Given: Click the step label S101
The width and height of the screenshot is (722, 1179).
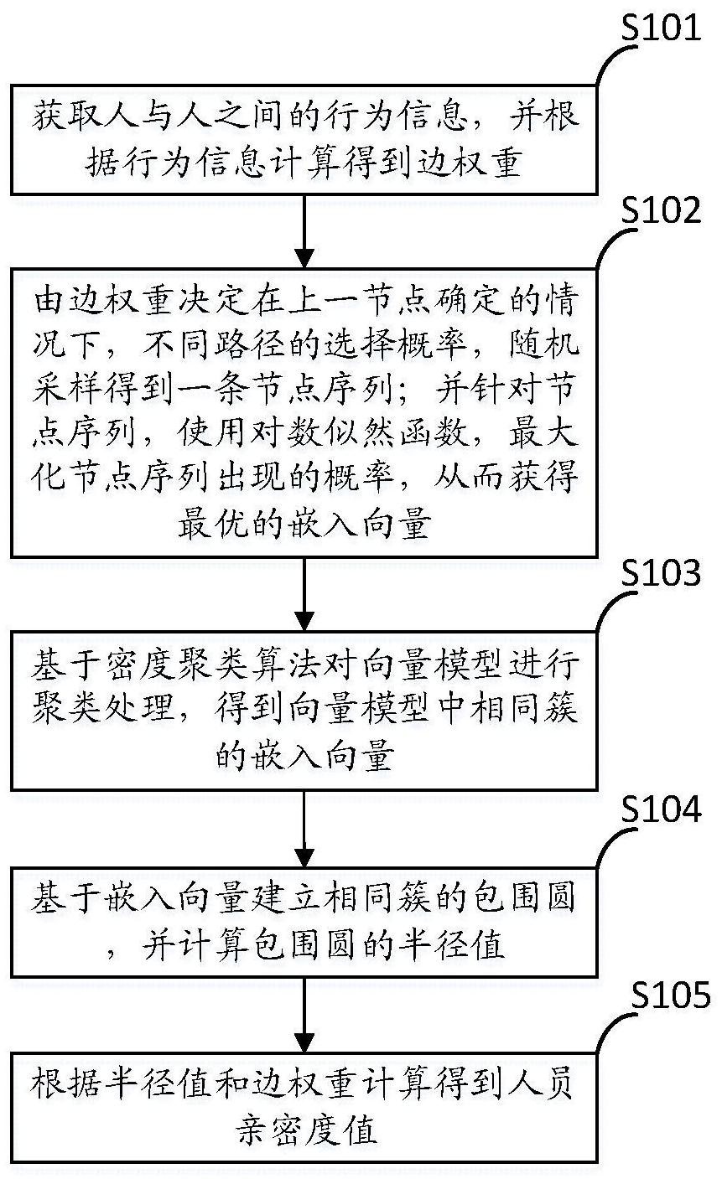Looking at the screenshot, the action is point(661,28).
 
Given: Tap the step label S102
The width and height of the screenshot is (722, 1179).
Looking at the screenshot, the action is point(661,210).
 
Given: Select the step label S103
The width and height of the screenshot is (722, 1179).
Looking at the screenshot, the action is point(661,572).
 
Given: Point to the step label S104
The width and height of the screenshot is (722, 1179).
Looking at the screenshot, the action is point(661,809).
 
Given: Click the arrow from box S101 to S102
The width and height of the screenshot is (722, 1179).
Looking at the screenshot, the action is point(304,231).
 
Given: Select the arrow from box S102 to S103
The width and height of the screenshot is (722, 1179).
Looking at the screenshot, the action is point(304,594).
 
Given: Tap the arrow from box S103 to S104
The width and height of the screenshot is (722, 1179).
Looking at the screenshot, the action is point(304,829).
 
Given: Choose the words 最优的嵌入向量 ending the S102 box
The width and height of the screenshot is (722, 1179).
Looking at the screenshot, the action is point(304,524).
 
